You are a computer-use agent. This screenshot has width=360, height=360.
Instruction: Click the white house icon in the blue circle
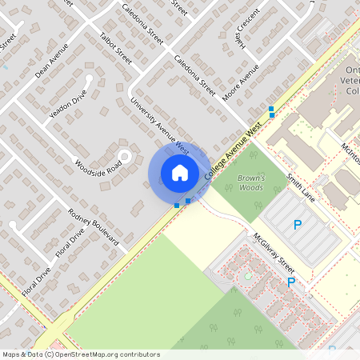pyautogui.click(x=179, y=173)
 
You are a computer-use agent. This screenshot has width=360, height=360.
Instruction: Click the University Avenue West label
pyautogui.click(x=159, y=126)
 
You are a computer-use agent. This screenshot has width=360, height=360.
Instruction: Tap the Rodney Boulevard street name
pyautogui.click(x=94, y=226)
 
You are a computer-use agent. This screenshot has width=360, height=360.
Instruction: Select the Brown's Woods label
pyautogui.click(x=251, y=182)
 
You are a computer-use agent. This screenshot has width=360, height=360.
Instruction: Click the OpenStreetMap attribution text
pyautogui.click(x=80, y=354)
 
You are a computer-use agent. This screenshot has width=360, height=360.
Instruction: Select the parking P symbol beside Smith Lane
pyautogui.click(x=298, y=226)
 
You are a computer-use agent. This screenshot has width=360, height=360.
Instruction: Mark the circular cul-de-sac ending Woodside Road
pyautogui.click(x=125, y=155)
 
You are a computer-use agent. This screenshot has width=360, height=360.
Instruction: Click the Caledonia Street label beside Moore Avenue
pyautogui.click(x=195, y=77)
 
